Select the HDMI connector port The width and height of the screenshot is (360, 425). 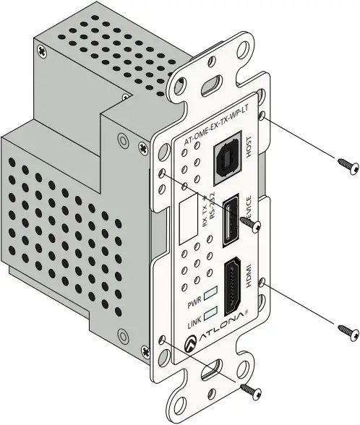[x=233, y=287]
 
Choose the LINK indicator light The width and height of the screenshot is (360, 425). [x=211, y=313]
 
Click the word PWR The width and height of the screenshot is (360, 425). [x=194, y=299]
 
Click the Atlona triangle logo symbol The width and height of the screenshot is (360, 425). [x=192, y=345]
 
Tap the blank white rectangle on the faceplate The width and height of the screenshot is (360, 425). [x=191, y=220]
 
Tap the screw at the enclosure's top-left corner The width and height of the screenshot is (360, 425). [x=46, y=51]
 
